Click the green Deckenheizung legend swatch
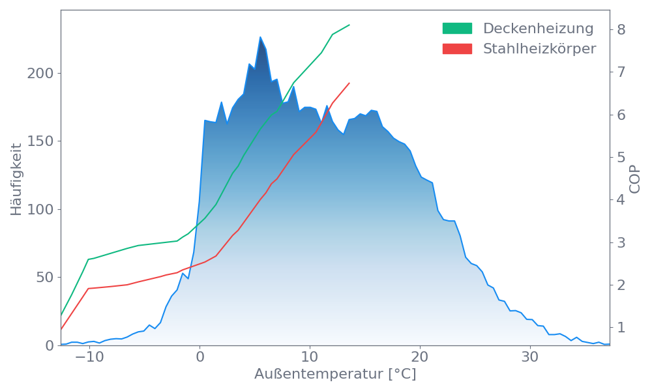click(x=457, y=29)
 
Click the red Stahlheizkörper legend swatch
click(x=457, y=49)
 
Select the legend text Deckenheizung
click(x=538, y=29)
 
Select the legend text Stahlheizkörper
click(x=539, y=49)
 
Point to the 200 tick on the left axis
click(x=40, y=74)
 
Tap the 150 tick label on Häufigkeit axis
click(x=40, y=141)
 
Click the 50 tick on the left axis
click(x=44, y=278)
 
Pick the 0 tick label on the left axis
click(x=49, y=346)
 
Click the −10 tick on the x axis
click(x=89, y=358)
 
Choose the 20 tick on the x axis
click(x=421, y=358)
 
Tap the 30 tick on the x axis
click(x=531, y=358)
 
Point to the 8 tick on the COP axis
click(x=621, y=29)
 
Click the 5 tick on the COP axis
click(x=621, y=157)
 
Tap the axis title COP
click(x=635, y=179)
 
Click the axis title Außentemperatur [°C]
click(x=335, y=375)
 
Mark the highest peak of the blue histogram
click(x=260, y=36)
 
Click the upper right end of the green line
click(x=349, y=25)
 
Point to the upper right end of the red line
click(x=349, y=83)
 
